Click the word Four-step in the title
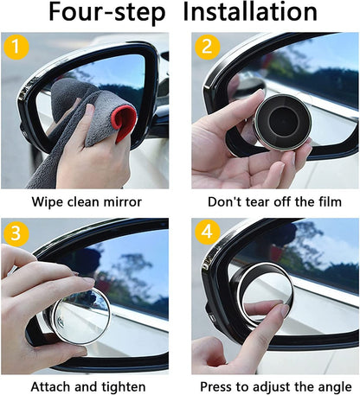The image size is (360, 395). [106, 14]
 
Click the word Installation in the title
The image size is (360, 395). [251, 14]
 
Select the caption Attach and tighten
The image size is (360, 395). [88, 385]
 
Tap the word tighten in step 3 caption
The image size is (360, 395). [121, 385]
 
